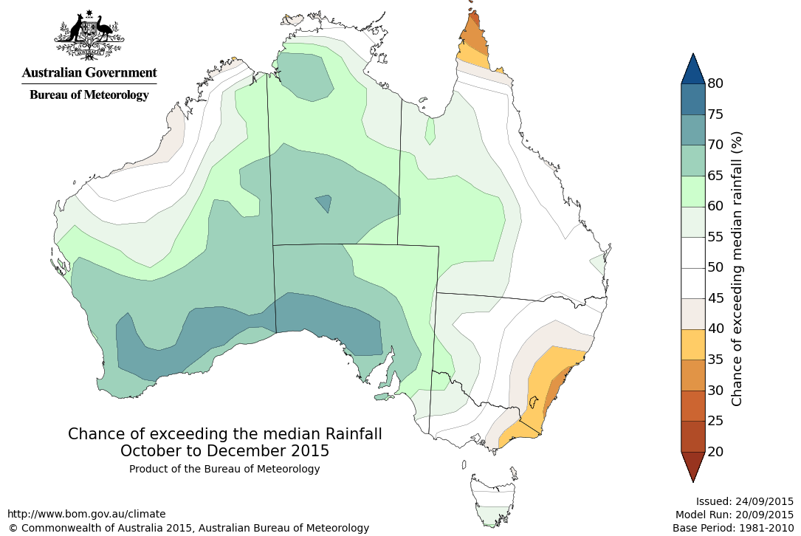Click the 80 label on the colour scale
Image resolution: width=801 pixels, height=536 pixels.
point(715,83)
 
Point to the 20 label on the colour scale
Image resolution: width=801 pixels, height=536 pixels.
point(715,451)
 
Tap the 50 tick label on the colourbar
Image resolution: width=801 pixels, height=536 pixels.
point(715,267)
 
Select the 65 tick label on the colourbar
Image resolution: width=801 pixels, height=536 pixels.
point(715,175)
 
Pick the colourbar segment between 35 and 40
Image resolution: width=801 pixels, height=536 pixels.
point(692,344)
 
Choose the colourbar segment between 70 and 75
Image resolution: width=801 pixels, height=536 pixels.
point(692,129)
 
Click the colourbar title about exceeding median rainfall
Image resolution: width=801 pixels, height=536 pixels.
point(737,269)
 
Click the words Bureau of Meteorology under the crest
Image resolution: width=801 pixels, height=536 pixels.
point(89,95)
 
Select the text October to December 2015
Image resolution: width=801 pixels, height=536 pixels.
point(225,450)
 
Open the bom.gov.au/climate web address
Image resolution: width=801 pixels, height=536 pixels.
point(86,514)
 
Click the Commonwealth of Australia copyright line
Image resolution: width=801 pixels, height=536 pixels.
point(188,528)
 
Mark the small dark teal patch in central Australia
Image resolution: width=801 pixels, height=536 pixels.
point(323,203)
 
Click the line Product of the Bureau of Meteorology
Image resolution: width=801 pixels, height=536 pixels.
point(224,469)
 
